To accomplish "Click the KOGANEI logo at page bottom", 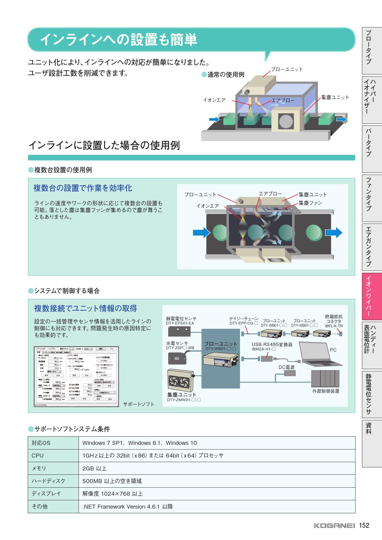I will pos(334,526).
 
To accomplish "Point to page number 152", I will pos(364,525).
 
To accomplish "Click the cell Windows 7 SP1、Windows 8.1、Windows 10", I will pos(140,443).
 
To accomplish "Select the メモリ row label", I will pos(39,468).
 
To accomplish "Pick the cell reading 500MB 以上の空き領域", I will pos(112,481).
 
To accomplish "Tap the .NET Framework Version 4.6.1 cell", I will pos(128,506).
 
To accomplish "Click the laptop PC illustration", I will pos(320,353).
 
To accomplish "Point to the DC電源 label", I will pos(286,367).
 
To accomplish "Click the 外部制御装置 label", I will pos(326,391).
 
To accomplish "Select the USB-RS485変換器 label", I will pos(272,345).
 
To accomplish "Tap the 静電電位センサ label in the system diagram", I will pos(181,319).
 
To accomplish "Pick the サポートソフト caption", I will pos(139,404).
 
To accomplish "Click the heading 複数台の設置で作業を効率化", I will pos(83,188).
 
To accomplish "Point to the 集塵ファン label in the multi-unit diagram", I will pos(310,203).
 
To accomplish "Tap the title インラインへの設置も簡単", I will pos(119,39).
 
